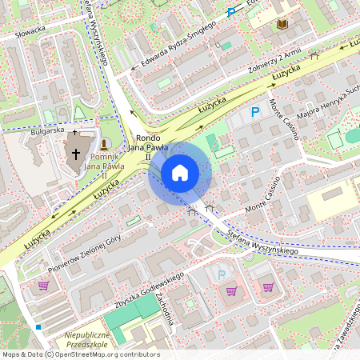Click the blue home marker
tap(180, 172)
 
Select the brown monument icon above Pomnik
tap(104, 143)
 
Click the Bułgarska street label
tap(46, 129)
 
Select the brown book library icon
tap(282, 24)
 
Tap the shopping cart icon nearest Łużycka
tap(42, 285)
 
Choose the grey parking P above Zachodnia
tap(222, 274)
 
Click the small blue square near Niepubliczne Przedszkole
tap(38, 326)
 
